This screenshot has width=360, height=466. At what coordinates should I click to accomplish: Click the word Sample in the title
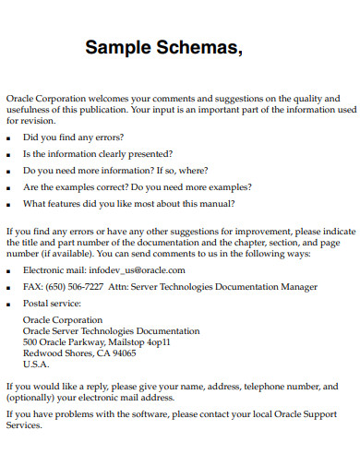coord(117,48)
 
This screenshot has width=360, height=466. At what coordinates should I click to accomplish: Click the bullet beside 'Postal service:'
coord(9,304)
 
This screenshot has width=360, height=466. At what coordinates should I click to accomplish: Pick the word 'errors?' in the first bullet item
coord(106,137)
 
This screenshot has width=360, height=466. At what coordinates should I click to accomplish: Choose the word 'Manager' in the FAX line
coord(295,287)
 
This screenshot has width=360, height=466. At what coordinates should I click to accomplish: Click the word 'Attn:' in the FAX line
coord(120,287)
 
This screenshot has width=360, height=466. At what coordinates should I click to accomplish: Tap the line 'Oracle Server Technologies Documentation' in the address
coord(111,330)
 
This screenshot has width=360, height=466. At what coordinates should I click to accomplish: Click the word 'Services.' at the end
coord(24,427)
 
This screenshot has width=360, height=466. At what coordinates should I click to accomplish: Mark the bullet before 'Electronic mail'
coord(9,271)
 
